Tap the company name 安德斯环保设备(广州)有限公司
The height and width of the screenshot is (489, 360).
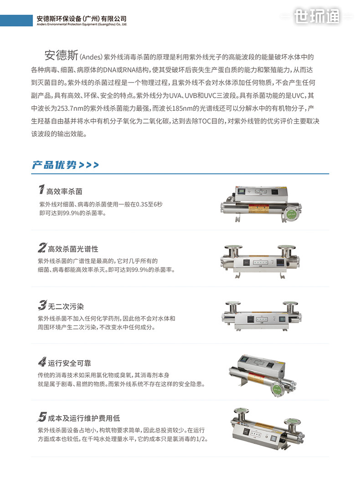[82, 19]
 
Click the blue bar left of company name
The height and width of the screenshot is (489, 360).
[16, 20]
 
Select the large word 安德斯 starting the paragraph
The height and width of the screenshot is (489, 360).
[62, 55]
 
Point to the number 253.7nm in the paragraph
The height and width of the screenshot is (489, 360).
[72, 108]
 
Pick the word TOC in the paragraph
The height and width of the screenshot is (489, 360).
[205, 121]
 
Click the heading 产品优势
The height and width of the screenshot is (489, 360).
[54, 165]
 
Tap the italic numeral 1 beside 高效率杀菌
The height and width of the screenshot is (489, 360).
[41, 189]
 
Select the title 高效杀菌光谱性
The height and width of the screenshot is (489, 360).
[73, 249]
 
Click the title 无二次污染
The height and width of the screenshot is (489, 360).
[66, 306]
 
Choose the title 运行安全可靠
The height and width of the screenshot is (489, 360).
[69, 363]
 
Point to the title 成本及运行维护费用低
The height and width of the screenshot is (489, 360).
[84, 418]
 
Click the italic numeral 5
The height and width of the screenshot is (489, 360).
[42, 416]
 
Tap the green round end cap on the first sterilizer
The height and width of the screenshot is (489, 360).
[291, 214]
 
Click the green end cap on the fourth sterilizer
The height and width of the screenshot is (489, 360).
[277, 390]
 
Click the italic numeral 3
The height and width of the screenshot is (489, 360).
[42, 305]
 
